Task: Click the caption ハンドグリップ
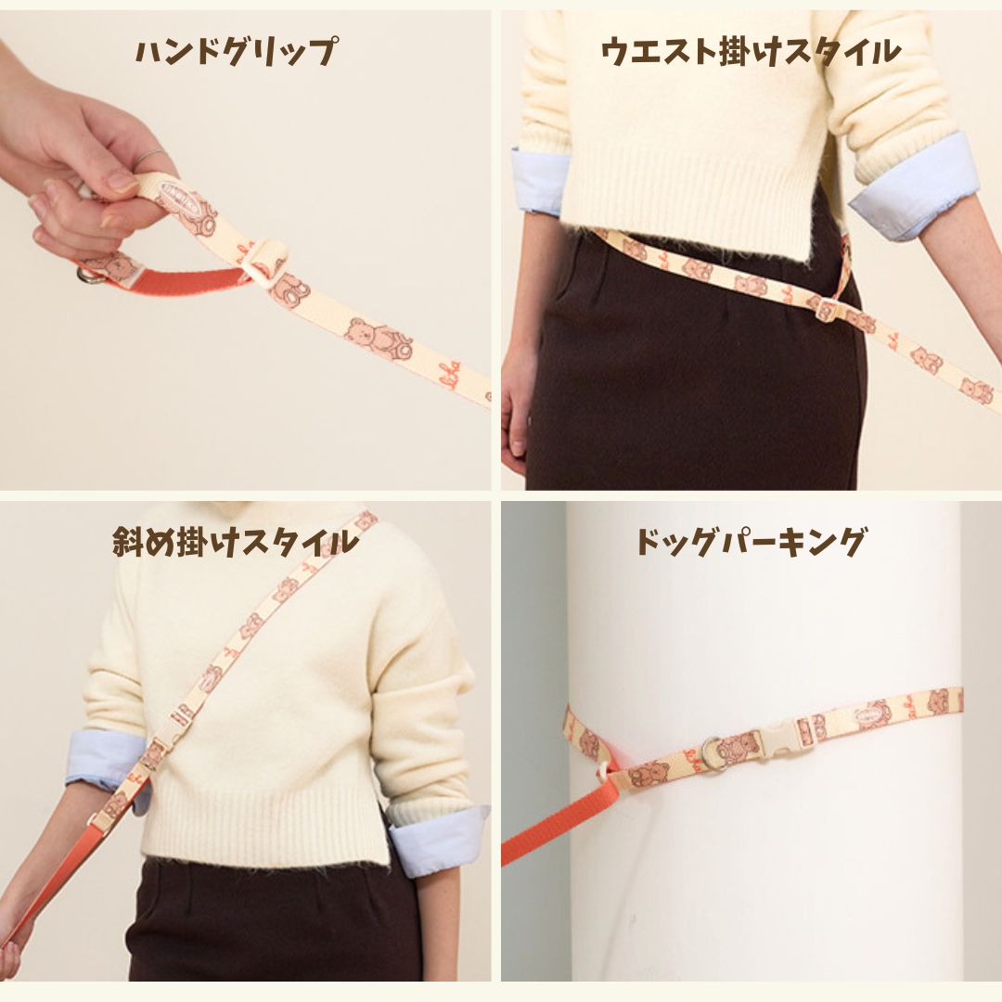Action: tap(236, 52)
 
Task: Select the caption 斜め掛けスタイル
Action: tap(236, 542)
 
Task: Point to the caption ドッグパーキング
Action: tap(751, 542)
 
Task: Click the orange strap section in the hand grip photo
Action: tap(186, 281)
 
